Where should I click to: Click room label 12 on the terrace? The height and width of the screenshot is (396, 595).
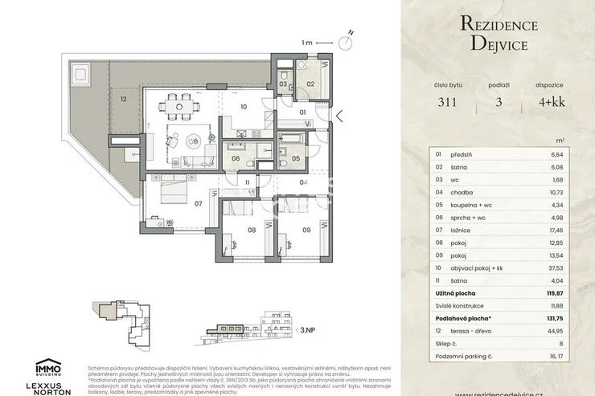[x=123, y=100]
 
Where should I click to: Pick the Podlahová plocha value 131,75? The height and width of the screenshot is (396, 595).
[x=553, y=317]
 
